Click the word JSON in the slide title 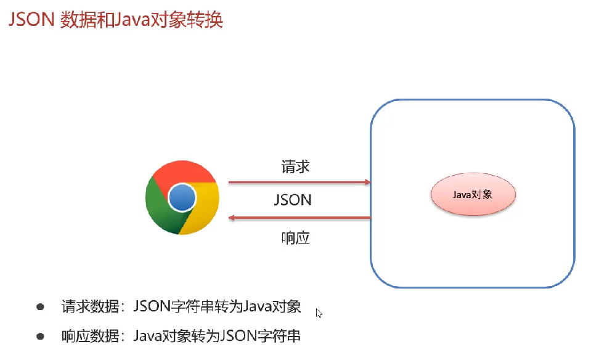click(31, 20)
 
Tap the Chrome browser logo click(182, 197)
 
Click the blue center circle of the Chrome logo click(182, 197)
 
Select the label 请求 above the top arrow click(295, 167)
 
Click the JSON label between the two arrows click(293, 200)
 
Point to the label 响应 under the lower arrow click(295, 238)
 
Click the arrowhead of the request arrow click(367, 182)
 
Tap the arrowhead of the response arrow click(232, 218)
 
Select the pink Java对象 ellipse click(473, 194)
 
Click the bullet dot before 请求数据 click(40, 306)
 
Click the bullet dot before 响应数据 click(40, 337)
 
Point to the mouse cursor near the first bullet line click(319, 313)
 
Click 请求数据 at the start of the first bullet click(90, 306)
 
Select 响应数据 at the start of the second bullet click(90, 337)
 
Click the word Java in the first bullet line click(257, 306)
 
